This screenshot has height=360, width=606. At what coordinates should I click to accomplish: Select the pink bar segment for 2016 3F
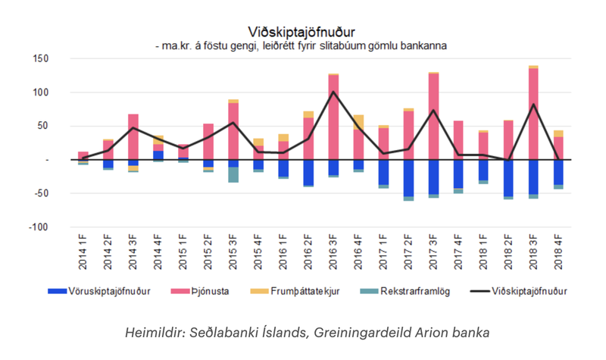click(333, 117)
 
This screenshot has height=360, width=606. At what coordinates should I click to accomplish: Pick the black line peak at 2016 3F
click(333, 92)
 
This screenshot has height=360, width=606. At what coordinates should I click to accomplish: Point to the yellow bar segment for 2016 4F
click(358, 122)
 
